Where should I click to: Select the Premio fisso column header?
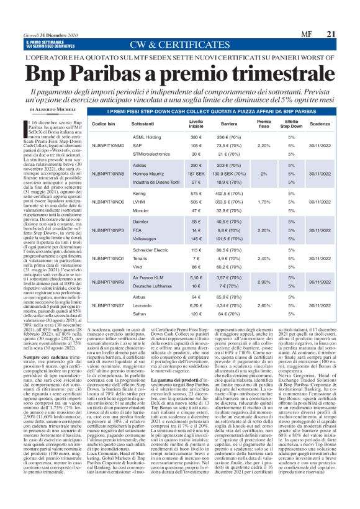[264, 124]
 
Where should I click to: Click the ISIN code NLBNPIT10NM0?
[108, 145]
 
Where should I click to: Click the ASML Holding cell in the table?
[147, 136]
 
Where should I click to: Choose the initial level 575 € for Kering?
[196, 194]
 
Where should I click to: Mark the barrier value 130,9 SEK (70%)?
[232, 174]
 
